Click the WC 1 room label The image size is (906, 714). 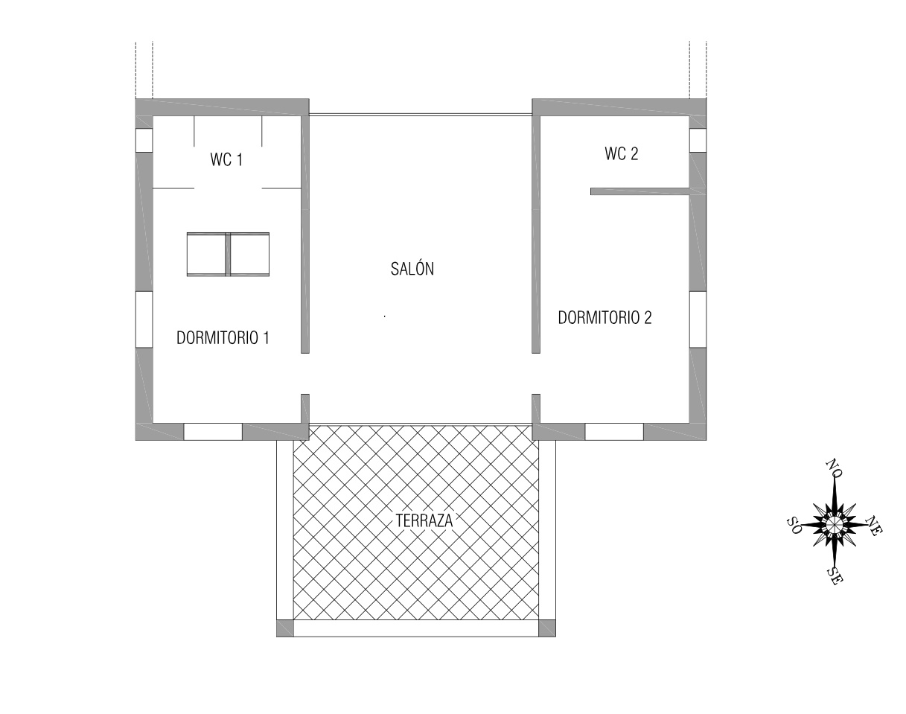[x=226, y=160]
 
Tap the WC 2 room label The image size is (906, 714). [x=622, y=153]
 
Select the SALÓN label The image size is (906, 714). [x=412, y=269]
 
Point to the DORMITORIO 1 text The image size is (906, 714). [x=223, y=337]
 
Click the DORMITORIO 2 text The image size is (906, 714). [x=604, y=317]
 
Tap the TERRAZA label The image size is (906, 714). [x=424, y=520]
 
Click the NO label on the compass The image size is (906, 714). [x=834, y=468]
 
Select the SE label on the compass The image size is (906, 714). [x=835, y=576]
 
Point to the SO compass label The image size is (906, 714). [x=794, y=526]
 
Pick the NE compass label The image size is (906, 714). [x=874, y=526]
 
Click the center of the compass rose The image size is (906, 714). [x=834, y=525]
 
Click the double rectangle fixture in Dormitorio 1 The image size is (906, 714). [x=229, y=255]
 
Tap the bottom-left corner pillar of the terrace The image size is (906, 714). [x=284, y=628]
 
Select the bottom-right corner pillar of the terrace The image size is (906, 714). [x=547, y=628]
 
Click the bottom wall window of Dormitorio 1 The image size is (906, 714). [x=213, y=432]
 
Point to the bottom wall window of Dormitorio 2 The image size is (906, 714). [x=614, y=432]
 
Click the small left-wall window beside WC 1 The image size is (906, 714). [x=144, y=140]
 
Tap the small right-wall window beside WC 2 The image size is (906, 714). [x=698, y=140]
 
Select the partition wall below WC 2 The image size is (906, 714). [x=640, y=191]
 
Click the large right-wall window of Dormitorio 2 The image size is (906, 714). [x=698, y=320]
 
